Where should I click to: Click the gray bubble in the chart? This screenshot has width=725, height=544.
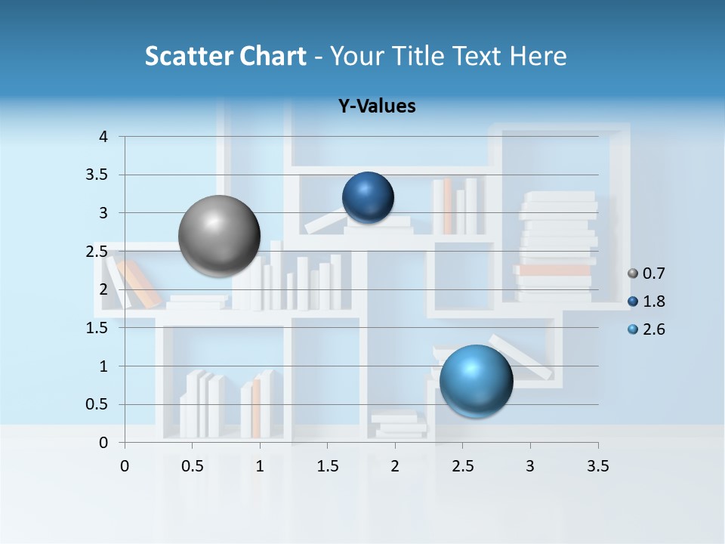pyautogui.click(x=219, y=236)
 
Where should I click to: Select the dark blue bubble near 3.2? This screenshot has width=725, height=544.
pyautogui.click(x=368, y=197)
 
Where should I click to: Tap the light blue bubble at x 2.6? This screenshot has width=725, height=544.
pyautogui.click(x=476, y=381)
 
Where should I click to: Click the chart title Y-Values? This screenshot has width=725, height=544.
pyautogui.click(x=377, y=107)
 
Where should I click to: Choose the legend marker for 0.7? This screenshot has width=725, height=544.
pyautogui.click(x=633, y=274)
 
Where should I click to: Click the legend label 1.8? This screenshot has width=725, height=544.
pyautogui.click(x=653, y=301)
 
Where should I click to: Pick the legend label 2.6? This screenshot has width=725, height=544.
pyautogui.click(x=653, y=329)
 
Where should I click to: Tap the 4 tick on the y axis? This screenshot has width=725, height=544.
pyautogui.click(x=103, y=137)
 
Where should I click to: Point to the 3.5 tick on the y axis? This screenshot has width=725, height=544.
pyautogui.click(x=98, y=175)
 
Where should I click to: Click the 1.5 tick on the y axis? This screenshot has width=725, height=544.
pyautogui.click(x=98, y=328)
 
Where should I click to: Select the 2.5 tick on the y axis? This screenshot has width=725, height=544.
pyautogui.click(x=98, y=252)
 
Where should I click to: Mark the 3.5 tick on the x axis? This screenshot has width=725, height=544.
pyautogui.click(x=597, y=466)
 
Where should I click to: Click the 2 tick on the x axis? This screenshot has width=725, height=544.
pyautogui.click(x=395, y=466)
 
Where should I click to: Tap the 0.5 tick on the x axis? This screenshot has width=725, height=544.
pyautogui.click(x=193, y=466)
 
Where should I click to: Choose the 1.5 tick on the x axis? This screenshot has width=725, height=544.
pyautogui.click(x=327, y=466)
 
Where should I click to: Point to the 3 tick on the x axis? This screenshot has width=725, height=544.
pyautogui.click(x=530, y=466)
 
